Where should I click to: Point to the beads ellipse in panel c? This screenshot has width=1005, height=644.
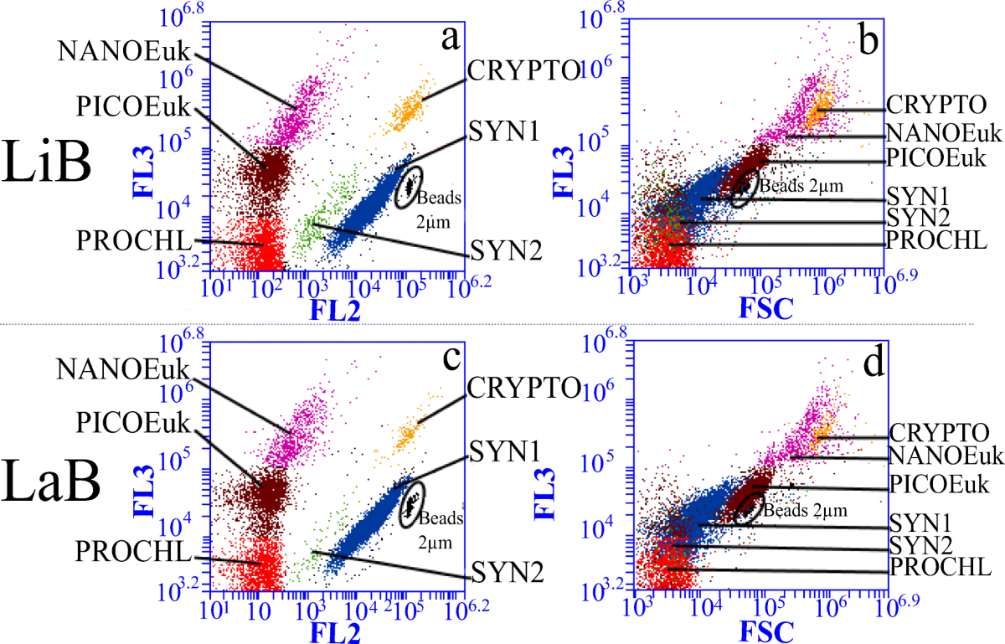411,507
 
